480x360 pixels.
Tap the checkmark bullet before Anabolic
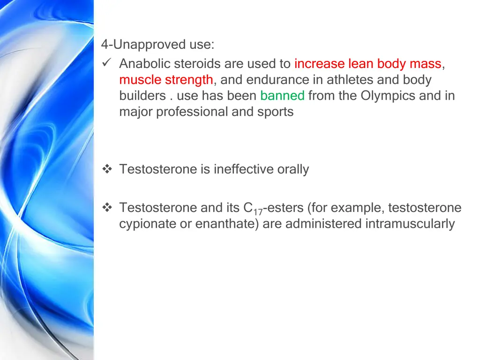[x=106, y=63]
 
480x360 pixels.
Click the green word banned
[x=282, y=96]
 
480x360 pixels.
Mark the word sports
[x=275, y=112]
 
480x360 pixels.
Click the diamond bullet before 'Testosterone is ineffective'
[x=106, y=169]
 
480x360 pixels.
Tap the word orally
[x=293, y=169]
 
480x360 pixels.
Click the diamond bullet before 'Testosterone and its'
[x=106, y=208]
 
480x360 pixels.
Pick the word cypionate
[x=147, y=224]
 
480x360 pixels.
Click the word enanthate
[x=226, y=224]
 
